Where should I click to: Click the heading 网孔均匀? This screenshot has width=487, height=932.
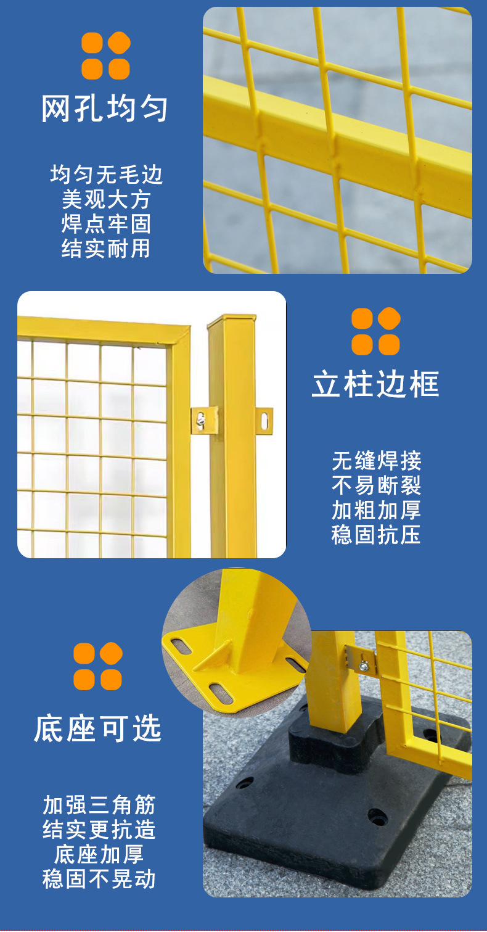[x=105, y=109]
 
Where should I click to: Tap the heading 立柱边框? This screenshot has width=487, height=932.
[x=375, y=384]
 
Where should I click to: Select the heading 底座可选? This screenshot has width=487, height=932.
[x=98, y=729]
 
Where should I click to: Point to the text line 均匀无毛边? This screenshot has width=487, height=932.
[x=106, y=175]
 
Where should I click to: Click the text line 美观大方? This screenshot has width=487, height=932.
[x=106, y=199]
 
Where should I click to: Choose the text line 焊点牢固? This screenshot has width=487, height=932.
[x=106, y=224]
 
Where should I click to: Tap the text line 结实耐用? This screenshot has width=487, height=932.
[x=106, y=249]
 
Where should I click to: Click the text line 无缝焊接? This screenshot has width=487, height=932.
[x=376, y=461]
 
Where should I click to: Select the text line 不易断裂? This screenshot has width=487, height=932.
[x=376, y=485]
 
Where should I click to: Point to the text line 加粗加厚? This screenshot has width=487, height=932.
[x=376, y=510]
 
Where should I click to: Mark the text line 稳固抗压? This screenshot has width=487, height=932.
[x=376, y=535]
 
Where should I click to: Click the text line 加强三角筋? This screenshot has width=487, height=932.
[x=99, y=805]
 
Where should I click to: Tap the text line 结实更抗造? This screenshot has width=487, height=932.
[x=99, y=830]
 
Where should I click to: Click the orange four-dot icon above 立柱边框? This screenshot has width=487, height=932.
[x=375, y=331]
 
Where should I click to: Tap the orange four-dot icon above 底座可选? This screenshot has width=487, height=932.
[x=98, y=666]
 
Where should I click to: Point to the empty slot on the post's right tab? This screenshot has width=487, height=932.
[x=264, y=421]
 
